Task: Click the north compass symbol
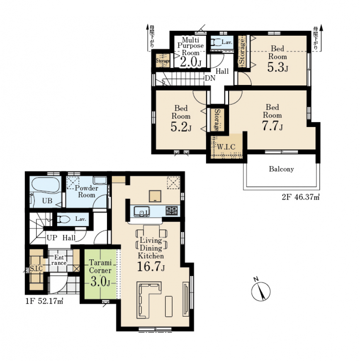pyautogui.click(x=260, y=290)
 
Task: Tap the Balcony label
pyautogui.click(x=281, y=169)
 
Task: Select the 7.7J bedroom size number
pyautogui.click(x=272, y=126)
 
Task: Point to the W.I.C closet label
pyautogui.click(x=226, y=147)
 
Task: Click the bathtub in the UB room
pyautogui.click(x=46, y=184)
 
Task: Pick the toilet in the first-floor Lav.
pyautogui.click(x=63, y=219)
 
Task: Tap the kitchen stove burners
pyautogui.click(x=172, y=211)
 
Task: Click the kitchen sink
pyautogui.click(x=142, y=211)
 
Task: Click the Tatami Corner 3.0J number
pyautogui.click(x=100, y=282)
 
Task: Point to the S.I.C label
pyautogui.click(x=36, y=268)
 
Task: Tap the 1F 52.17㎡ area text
pyautogui.click(x=44, y=301)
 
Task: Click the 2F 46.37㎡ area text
pyautogui.click(x=301, y=198)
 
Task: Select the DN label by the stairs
pyautogui.click(x=210, y=78)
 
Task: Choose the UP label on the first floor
pyautogui.click(x=52, y=238)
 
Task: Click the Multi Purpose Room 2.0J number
pyautogui.click(x=191, y=62)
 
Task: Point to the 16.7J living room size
pyautogui.click(x=151, y=267)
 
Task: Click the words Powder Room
pyautogui.click(x=87, y=192)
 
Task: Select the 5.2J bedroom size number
pyautogui.click(x=181, y=127)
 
